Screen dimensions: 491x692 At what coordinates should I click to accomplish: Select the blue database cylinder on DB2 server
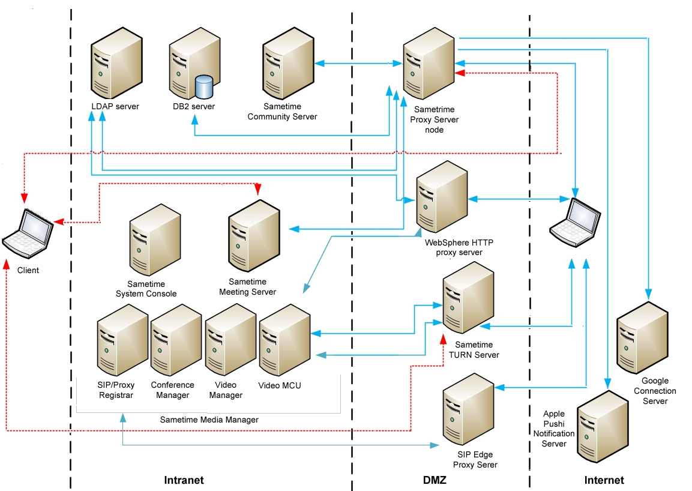coord(205,88)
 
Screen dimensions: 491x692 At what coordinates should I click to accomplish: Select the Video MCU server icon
coord(284,340)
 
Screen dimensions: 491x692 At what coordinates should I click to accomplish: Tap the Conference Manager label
coord(172,390)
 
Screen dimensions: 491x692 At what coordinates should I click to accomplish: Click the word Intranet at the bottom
coord(184,480)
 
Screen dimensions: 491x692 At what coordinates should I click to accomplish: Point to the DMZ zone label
coord(434,480)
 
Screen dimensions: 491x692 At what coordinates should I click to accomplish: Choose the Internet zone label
coord(604,480)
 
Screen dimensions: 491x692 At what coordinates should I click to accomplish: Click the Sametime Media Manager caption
coord(209,420)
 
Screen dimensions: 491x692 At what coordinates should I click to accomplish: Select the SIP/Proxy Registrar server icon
coord(122,340)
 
